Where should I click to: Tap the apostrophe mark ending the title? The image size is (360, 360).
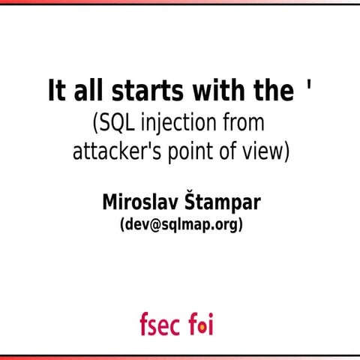click(309, 88)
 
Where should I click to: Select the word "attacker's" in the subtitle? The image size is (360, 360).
click(112, 150)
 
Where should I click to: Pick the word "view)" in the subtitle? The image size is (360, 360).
click(266, 150)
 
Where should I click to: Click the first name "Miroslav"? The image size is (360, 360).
click(139, 202)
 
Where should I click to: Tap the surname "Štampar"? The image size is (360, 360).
click(222, 202)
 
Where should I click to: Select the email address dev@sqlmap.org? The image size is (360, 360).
click(181, 224)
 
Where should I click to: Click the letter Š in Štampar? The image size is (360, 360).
click(190, 201)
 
